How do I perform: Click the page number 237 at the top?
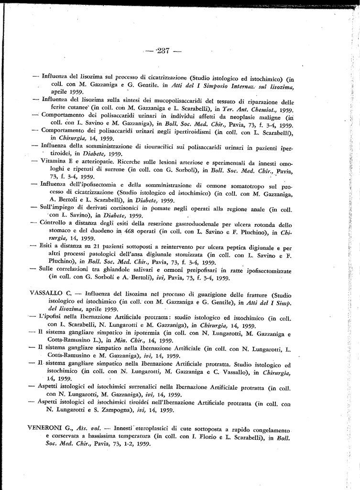163,52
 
